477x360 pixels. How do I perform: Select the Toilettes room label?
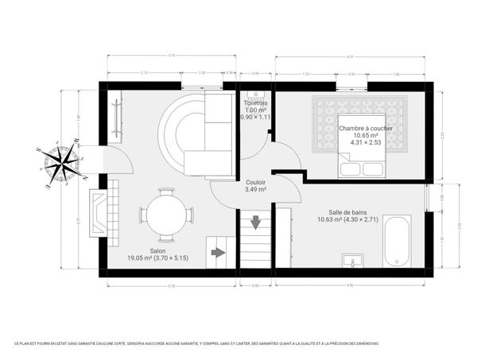pos(256,103)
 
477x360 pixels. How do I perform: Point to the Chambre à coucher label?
pos(366,128)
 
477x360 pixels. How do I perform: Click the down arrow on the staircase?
pos(256,222)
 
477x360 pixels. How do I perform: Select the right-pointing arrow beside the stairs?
pos(218,254)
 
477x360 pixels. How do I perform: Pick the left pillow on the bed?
pos(350,169)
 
